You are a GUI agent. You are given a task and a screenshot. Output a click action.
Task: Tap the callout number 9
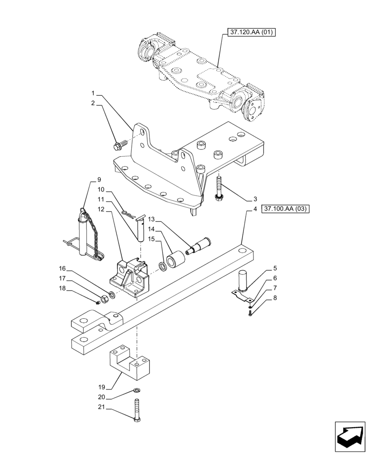click(x=99, y=180)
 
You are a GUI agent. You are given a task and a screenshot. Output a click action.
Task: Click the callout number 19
click(x=101, y=387)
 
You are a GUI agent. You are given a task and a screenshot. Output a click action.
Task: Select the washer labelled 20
click(x=137, y=390)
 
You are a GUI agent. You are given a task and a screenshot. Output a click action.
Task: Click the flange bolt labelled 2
click(x=118, y=146)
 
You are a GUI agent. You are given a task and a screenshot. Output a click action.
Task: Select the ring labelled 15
click(x=162, y=265)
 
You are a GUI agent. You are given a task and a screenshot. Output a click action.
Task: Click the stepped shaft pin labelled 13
click(x=198, y=246)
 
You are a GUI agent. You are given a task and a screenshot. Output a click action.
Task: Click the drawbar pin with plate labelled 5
click(x=243, y=281)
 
